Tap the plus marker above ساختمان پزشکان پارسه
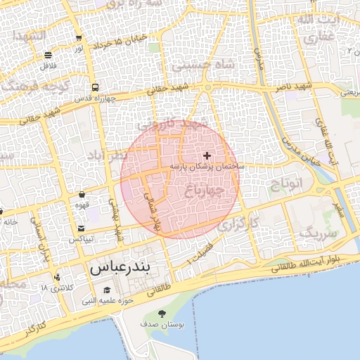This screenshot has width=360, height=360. (x=207, y=155)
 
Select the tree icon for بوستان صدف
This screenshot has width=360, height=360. (x=162, y=314)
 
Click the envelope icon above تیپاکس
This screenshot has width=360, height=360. (x=82, y=229)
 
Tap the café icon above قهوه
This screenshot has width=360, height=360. (x=82, y=193)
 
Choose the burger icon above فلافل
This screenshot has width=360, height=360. (x=48, y=55)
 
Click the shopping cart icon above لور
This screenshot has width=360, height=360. (x=79, y=39)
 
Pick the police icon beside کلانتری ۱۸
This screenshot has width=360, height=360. (x=57, y=276)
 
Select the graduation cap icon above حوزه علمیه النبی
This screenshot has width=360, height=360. (x=107, y=290)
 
